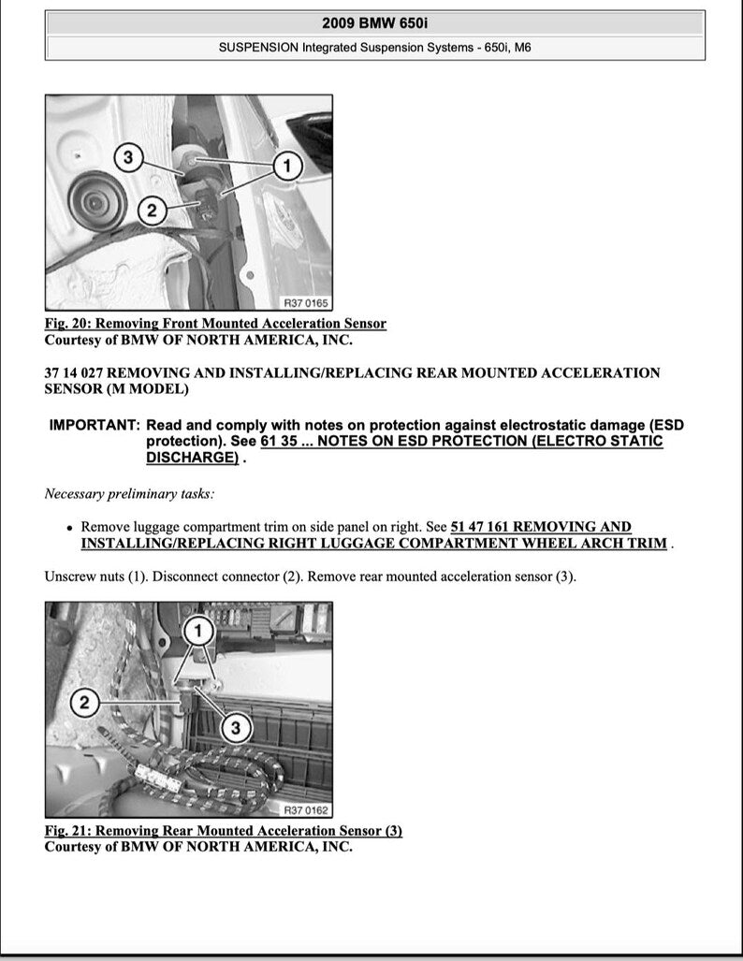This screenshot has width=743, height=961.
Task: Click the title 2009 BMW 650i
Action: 374,22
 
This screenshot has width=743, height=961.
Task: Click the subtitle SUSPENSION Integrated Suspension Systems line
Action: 374,47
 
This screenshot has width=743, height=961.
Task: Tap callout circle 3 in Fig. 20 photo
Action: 129,157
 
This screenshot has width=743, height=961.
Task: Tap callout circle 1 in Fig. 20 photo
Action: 287,167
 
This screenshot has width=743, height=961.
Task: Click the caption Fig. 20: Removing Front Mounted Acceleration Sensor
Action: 215,324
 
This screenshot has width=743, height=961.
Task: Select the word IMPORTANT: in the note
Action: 95,425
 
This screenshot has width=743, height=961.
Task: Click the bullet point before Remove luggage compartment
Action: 69,528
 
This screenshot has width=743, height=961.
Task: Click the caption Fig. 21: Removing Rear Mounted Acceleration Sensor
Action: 223,831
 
